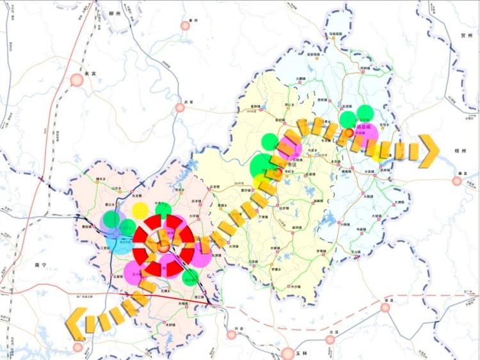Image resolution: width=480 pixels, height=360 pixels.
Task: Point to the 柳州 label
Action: [115, 12]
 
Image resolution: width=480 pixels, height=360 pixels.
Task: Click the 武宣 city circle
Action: [180, 108]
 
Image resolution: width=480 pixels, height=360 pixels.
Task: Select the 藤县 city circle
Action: [457, 181]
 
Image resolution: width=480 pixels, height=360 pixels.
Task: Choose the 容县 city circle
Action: [385, 307]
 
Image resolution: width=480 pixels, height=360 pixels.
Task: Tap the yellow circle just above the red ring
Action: [140, 209]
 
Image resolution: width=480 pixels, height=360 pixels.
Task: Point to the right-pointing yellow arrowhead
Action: [429, 151]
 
